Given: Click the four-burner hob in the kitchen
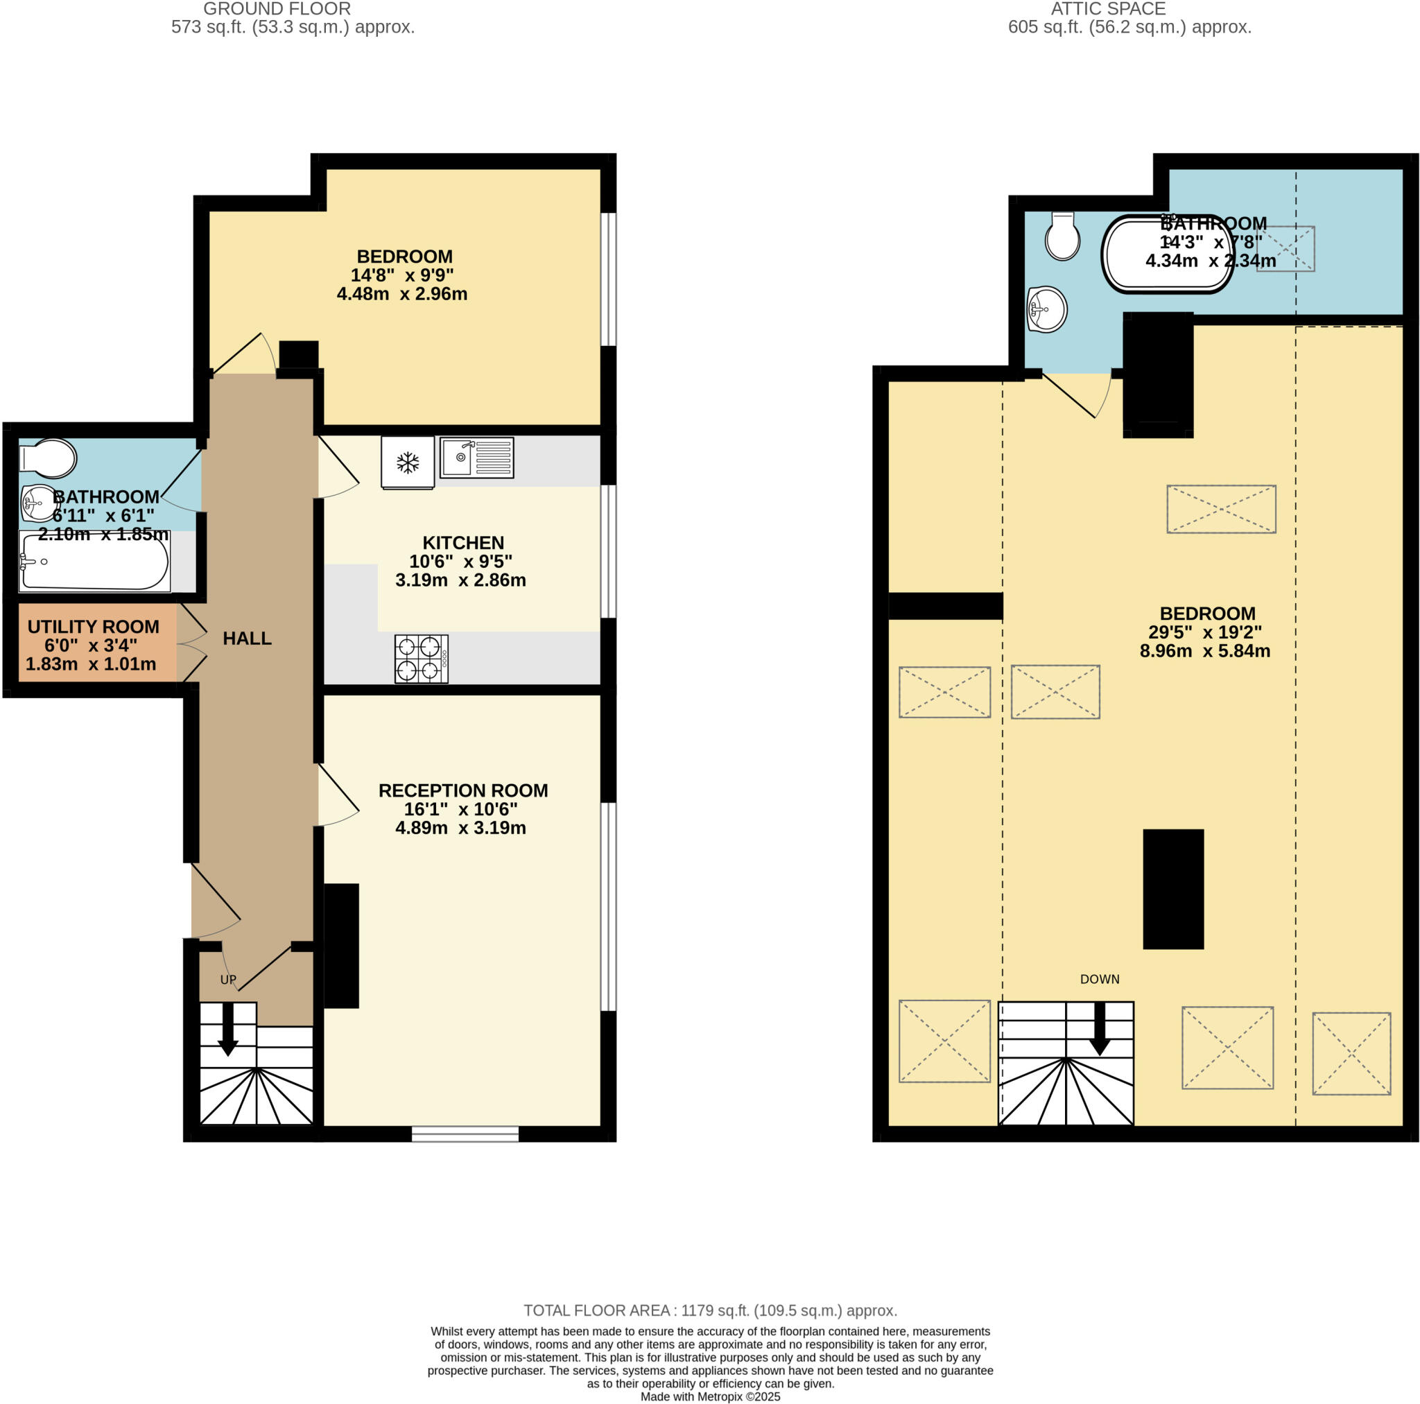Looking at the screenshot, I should coord(421,659).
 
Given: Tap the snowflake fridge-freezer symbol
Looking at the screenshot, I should coord(407,462).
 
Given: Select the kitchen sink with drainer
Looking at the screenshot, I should coord(476,457).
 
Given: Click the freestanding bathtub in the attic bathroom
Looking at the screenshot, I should coord(1167,254).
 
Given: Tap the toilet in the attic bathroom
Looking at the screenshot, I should coord(1062,236).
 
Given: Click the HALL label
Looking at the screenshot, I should coord(247,638).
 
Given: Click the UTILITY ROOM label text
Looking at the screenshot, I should coord(94,626).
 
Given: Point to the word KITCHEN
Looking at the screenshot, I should coord(463,542).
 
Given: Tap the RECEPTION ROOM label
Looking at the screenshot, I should coord(463,790).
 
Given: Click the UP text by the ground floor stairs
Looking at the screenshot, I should coord(228,980).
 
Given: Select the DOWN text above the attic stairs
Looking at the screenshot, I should coord(1100,979).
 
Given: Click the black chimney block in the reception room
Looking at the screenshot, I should coord(342,945).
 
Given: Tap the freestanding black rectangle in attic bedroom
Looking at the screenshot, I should coord(1173,889).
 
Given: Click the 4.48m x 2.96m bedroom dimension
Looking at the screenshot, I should coord(402,294).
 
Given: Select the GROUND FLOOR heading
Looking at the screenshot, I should coord(277,9).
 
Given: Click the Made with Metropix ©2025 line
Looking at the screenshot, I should coord(710,1396).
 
